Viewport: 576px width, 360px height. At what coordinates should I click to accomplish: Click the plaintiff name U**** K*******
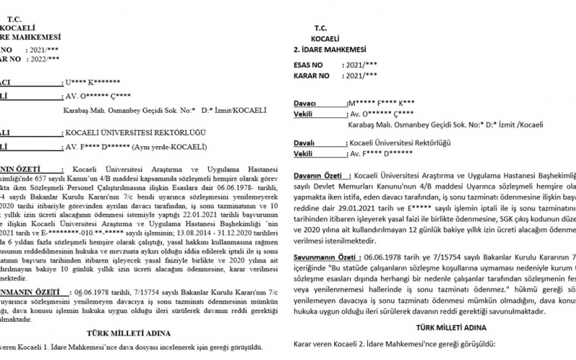pyautogui.click(x=91, y=83)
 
